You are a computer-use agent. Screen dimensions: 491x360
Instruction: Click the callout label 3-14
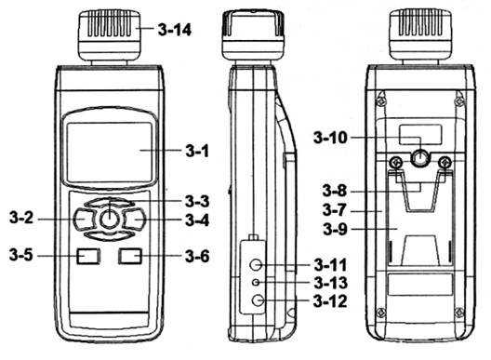(x=175, y=30)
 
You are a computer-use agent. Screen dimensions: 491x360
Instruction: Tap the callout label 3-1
(x=197, y=151)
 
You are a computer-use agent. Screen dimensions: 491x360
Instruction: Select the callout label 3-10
(x=330, y=138)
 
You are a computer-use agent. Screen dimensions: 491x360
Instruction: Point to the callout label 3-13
(x=331, y=283)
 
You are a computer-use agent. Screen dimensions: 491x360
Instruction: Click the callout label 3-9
(x=335, y=229)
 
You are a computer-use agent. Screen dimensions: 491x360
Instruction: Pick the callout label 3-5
(x=21, y=255)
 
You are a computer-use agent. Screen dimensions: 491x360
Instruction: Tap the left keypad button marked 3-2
(x=84, y=219)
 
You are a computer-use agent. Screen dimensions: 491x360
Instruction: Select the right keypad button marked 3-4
(x=135, y=219)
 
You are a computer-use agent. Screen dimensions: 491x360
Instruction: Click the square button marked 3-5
(x=88, y=256)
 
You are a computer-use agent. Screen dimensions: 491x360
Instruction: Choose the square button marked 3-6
(x=130, y=256)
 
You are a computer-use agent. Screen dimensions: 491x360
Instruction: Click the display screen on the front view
(x=110, y=153)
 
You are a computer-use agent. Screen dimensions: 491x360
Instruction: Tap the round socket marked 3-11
(x=256, y=265)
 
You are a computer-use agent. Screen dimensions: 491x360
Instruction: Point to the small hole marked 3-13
(x=256, y=283)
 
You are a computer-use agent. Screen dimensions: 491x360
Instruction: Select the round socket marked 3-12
(x=258, y=300)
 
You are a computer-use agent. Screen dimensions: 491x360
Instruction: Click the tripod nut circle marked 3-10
(x=420, y=158)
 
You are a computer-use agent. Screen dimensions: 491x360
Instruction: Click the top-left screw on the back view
(x=380, y=101)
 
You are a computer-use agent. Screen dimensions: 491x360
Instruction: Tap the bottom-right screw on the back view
(x=459, y=312)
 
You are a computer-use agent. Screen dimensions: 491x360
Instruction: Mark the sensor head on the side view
(x=253, y=35)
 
